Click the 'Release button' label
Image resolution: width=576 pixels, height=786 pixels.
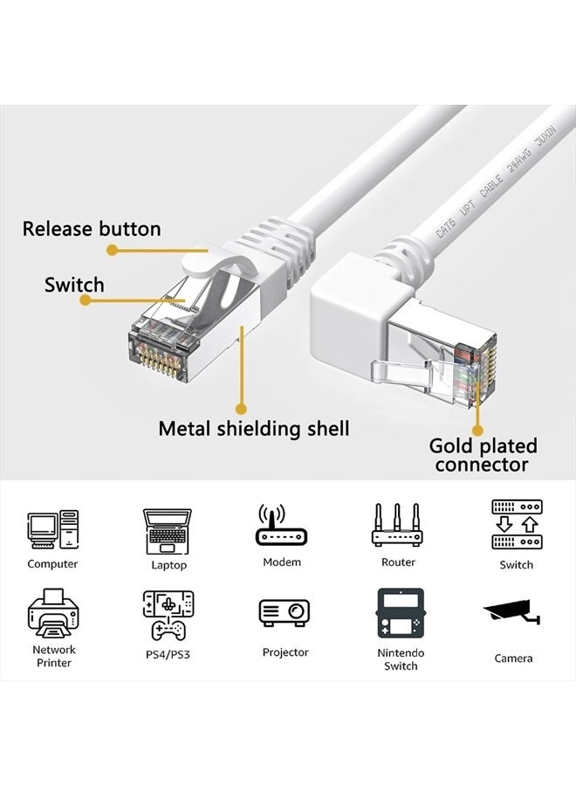pyautogui.click(x=92, y=229)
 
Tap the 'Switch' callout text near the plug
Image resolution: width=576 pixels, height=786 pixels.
pyautogui.click(x=74, y=285)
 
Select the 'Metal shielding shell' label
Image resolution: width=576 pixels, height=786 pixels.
pyautogui.click(x=253, y=428)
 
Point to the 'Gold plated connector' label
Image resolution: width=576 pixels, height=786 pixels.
pyautogui.click(x=483, y=455)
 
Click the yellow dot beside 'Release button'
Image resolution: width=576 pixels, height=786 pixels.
pyautogui.click(x=113, y=250)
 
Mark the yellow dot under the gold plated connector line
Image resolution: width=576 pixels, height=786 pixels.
pyautogui.click(x=478, y=430)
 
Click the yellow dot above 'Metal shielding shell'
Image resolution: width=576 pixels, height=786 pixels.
pyautogui.click(x=242, y=407)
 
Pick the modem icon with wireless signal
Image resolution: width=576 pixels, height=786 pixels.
pyautogui.click(x=282, y=526)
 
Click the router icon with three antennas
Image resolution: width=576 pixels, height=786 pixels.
pyautogui.click(x=398, y=526)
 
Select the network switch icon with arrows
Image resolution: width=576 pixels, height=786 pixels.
pyautogui.click(x=516, y=525)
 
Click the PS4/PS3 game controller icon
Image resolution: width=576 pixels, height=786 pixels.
pyautogui.click(x=168, y=616)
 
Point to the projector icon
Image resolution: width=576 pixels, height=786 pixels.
pyautogui.click(x=285, y=613)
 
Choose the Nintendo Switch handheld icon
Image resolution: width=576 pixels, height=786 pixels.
pyautogui.click(x=400, y=614)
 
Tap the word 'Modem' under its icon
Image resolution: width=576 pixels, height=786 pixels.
pyautogui.click(x=282, y=562)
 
